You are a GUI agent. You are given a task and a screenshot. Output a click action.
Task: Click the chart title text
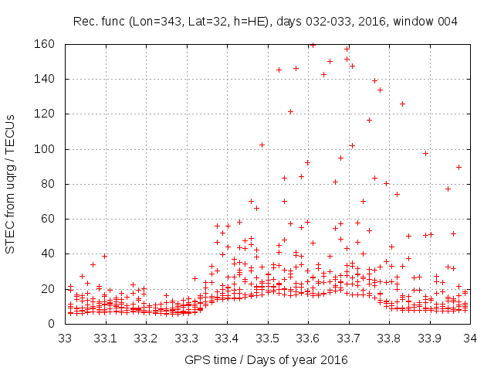click(265, 21)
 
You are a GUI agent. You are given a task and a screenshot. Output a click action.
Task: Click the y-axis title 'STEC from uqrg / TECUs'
click(11, 184)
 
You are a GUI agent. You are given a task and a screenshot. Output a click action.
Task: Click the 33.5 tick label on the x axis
click(267, 338)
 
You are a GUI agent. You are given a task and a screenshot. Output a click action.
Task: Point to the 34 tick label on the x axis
click(469, 338)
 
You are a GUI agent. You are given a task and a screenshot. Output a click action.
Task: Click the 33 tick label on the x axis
click(66, 338)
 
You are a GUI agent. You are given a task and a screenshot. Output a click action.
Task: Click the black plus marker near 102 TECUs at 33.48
click(262, 145)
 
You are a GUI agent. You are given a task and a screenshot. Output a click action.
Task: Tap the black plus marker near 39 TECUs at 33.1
click(104, 256)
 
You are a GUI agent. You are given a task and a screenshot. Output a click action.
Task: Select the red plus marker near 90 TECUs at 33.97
click(458, 167)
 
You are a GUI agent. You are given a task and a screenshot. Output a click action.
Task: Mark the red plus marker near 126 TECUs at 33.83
click(402, 104)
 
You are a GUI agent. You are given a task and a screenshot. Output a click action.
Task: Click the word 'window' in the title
click(415, 21)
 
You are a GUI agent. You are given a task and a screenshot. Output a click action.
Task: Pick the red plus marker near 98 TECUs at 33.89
click(425, 153)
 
